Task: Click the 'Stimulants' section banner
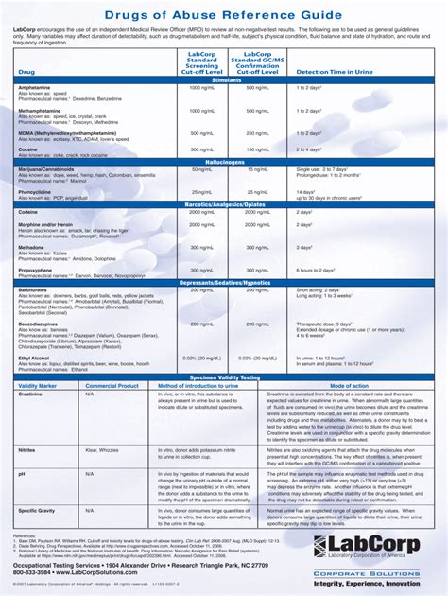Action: (227, 79)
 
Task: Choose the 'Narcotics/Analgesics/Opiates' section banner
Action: (227, 203)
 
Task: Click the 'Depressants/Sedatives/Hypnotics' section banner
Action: (227, 282)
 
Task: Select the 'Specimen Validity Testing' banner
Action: (227, 377)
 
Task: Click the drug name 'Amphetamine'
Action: (35, 87)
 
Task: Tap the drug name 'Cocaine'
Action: (27, 149)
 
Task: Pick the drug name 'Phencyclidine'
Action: (36, 191)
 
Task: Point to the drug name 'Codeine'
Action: (27, 212)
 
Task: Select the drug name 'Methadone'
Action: (31, 246)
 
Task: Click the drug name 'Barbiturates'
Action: (33, 289)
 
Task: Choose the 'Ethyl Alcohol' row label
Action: (35, 358)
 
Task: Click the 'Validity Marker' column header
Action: (38, 386)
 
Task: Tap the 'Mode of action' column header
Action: (349, 386)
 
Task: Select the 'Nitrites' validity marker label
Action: (27, 450)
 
